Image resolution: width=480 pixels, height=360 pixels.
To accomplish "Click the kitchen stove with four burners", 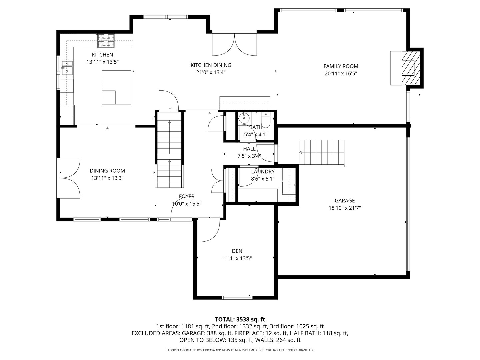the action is click(x=106, y=41).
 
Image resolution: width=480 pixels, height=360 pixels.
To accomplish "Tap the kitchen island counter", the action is click(x=116, y=87).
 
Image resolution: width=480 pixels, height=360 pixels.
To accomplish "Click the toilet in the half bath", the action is click(x=266, y=120).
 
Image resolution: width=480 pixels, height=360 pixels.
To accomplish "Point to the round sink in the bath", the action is click(x=244, y=118).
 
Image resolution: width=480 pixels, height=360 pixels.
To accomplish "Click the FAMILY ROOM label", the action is click(x=341, y=66).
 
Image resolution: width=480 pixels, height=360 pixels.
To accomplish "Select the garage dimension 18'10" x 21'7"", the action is click(x=345, y=208).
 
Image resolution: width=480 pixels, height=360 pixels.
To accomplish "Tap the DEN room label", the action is click(x=237, y=251).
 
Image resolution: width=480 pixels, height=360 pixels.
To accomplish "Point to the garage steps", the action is click(x=321, y=153).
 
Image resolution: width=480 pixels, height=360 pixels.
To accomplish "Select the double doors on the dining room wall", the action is click(x=70, y=178).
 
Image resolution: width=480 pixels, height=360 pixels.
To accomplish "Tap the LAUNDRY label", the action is click(x=263, y=172).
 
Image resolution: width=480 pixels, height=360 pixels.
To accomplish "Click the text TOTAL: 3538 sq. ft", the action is click(x=240, y=320).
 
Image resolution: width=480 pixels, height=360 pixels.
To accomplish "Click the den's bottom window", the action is click(x=237, y=297).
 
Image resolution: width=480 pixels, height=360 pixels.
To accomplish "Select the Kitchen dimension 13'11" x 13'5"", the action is click(x=102, y=62).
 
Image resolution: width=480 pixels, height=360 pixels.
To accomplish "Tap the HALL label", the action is click(x=249, y=149).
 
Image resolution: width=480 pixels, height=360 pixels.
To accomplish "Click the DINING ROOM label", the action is click(x=107, y=171).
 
